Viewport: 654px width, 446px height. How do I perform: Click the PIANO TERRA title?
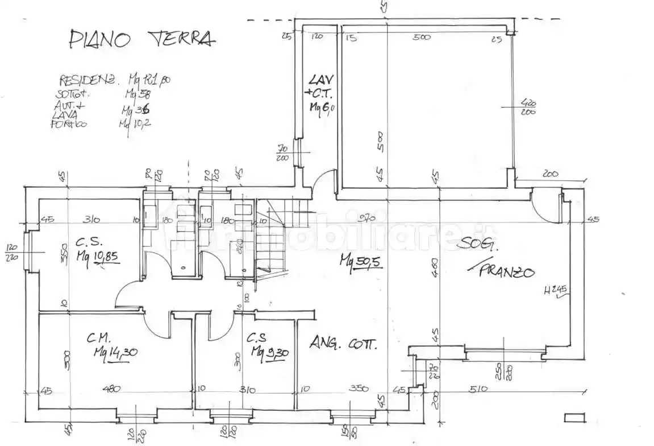(x=142, y=38)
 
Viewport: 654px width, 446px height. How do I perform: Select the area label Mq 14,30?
(x=115, y=352)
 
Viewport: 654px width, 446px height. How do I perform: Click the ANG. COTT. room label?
(x=343, y=344)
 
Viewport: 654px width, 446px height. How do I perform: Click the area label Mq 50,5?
(x=360, y=263)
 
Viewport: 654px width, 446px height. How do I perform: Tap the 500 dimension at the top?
(x=422, y=38)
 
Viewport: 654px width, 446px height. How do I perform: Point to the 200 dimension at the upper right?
(x=551, y=174)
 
